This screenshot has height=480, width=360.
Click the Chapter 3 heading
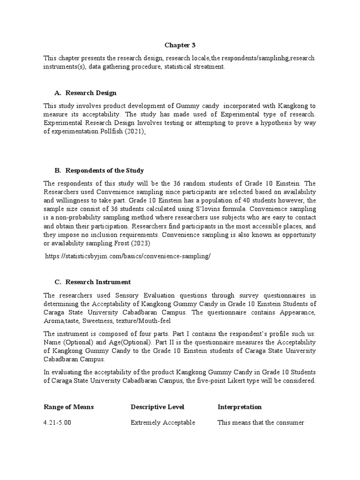(x=180, y=45)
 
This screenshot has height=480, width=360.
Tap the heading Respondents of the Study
(x=99, y=170)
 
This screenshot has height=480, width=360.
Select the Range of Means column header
(x=69, y=407)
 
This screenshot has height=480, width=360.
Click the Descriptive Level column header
(x=157, y=407)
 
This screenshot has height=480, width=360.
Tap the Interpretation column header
(x=240, y=407)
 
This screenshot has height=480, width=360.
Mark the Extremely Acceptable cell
(x=163, y=423)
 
